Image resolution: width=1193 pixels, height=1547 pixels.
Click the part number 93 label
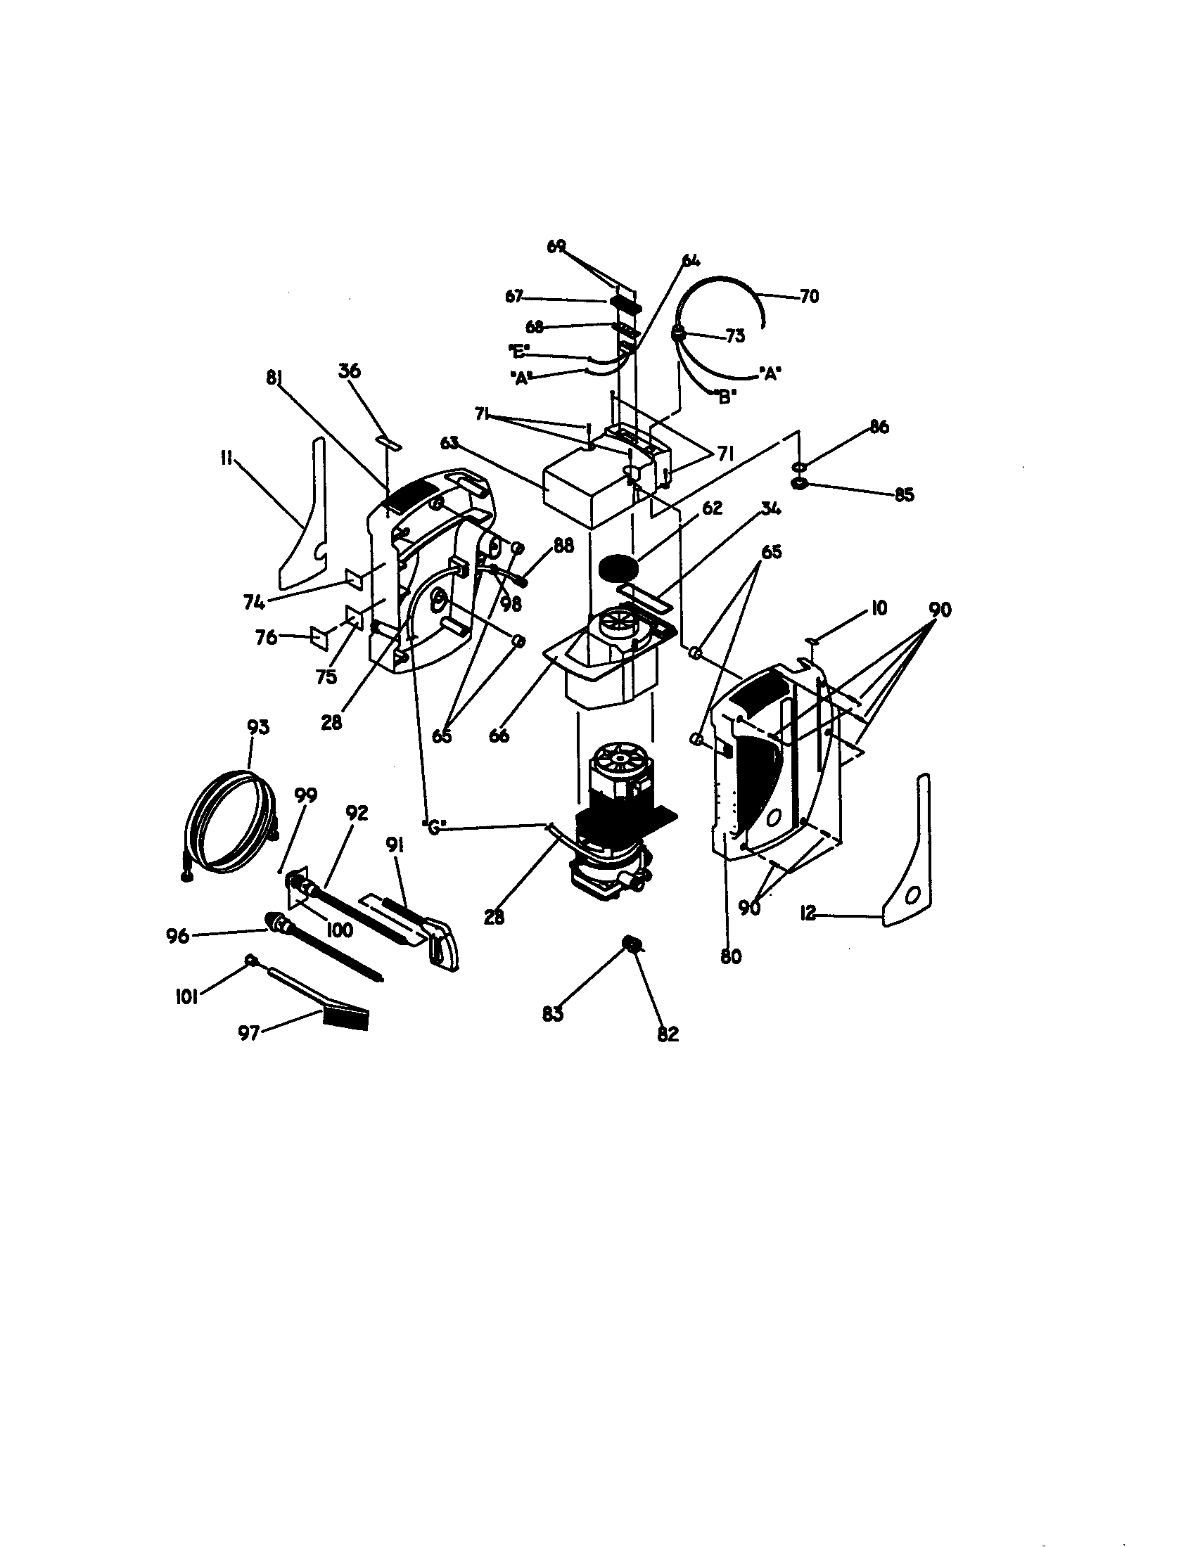tap(258, 728)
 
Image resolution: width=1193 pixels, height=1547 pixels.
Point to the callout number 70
tap(809, 297)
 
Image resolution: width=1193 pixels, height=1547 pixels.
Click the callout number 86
tap(879, 427)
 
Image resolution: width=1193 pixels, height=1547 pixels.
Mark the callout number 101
tap(186, 999)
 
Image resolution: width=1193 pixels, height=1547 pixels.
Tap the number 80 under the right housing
tap(730, 956)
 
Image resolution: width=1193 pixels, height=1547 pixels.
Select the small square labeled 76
tap(319, 636)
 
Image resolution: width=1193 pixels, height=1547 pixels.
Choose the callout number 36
tap(350, 371)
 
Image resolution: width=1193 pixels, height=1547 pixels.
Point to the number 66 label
tap(499, 736)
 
